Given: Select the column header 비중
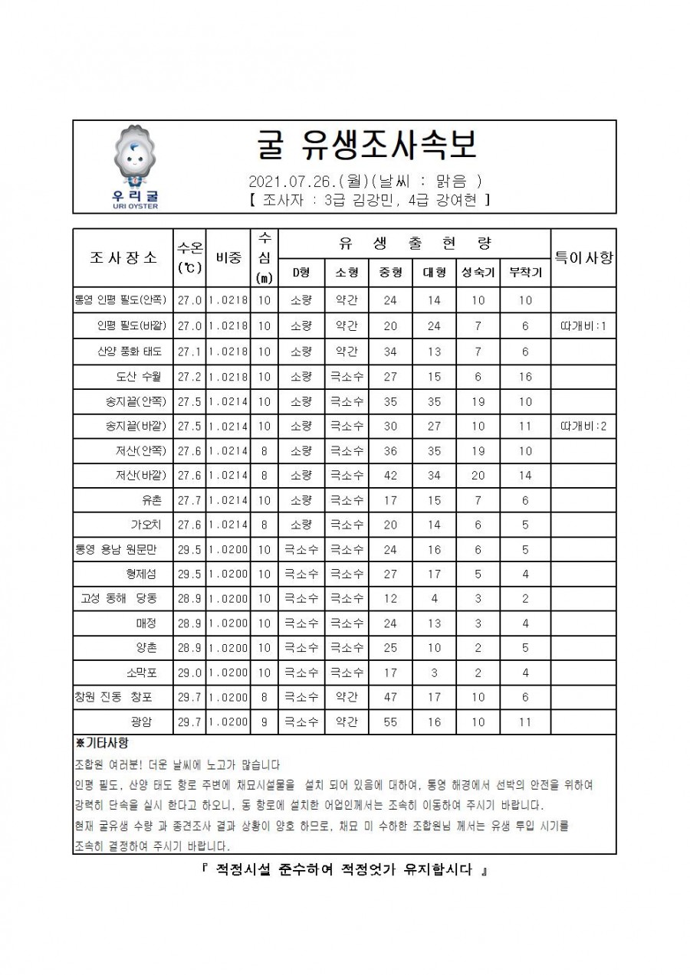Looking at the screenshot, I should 228,257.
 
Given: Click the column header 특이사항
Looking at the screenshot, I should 583,257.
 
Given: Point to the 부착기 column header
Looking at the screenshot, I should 525,272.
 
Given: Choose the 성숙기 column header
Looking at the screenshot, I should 478,272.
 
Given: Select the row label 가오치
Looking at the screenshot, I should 145,525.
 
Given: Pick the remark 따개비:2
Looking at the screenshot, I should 583,426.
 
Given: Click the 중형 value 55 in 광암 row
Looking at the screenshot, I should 389,721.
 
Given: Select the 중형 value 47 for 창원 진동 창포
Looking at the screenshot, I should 389,697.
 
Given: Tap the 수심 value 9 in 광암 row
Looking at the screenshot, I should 264,721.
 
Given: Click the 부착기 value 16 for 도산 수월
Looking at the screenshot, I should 525,377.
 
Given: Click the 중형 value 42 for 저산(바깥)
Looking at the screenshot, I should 389,475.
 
